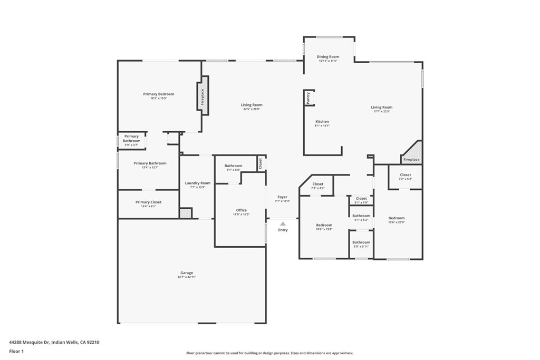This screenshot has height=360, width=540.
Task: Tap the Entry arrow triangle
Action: (x=283, y=224)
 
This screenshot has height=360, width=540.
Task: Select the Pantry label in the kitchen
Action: (x=308, y=98)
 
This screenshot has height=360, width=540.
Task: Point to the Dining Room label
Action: (x=327, y=56)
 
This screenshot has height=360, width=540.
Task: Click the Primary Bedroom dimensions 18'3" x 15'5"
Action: (x=158, y=99)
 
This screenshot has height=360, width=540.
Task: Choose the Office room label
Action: (x=242, y=210)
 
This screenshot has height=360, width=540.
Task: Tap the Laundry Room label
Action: (x=198, y=183)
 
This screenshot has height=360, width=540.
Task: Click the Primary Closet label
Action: (x=148, y=202)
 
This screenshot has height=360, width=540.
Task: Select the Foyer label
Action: (x=283, y=197)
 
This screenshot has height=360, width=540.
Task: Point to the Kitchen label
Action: (x=322, y=121)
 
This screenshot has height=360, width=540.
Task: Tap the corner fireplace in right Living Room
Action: (x=412, y=153)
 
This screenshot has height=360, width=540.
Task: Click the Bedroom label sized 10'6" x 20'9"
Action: (x=397, y=218)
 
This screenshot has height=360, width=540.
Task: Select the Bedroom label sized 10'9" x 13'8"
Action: (x=324, y=225)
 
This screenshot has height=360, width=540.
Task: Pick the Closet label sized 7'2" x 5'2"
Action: (x=405, y=174)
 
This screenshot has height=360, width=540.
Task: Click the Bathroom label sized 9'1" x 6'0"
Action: (x=233, y=166)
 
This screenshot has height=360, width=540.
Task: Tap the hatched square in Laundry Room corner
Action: (x=185, y=213)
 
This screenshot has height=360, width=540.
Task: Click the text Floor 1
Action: (x=16, y=351)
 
